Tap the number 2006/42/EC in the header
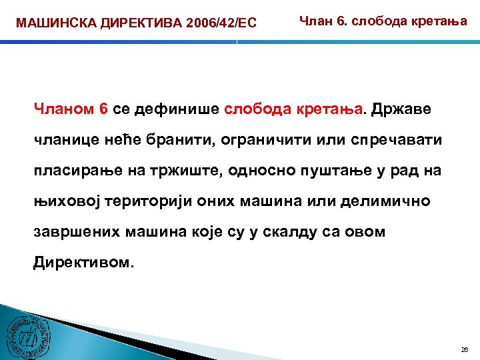point(213,24)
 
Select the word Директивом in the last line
point(83,262)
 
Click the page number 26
point(465,350)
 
